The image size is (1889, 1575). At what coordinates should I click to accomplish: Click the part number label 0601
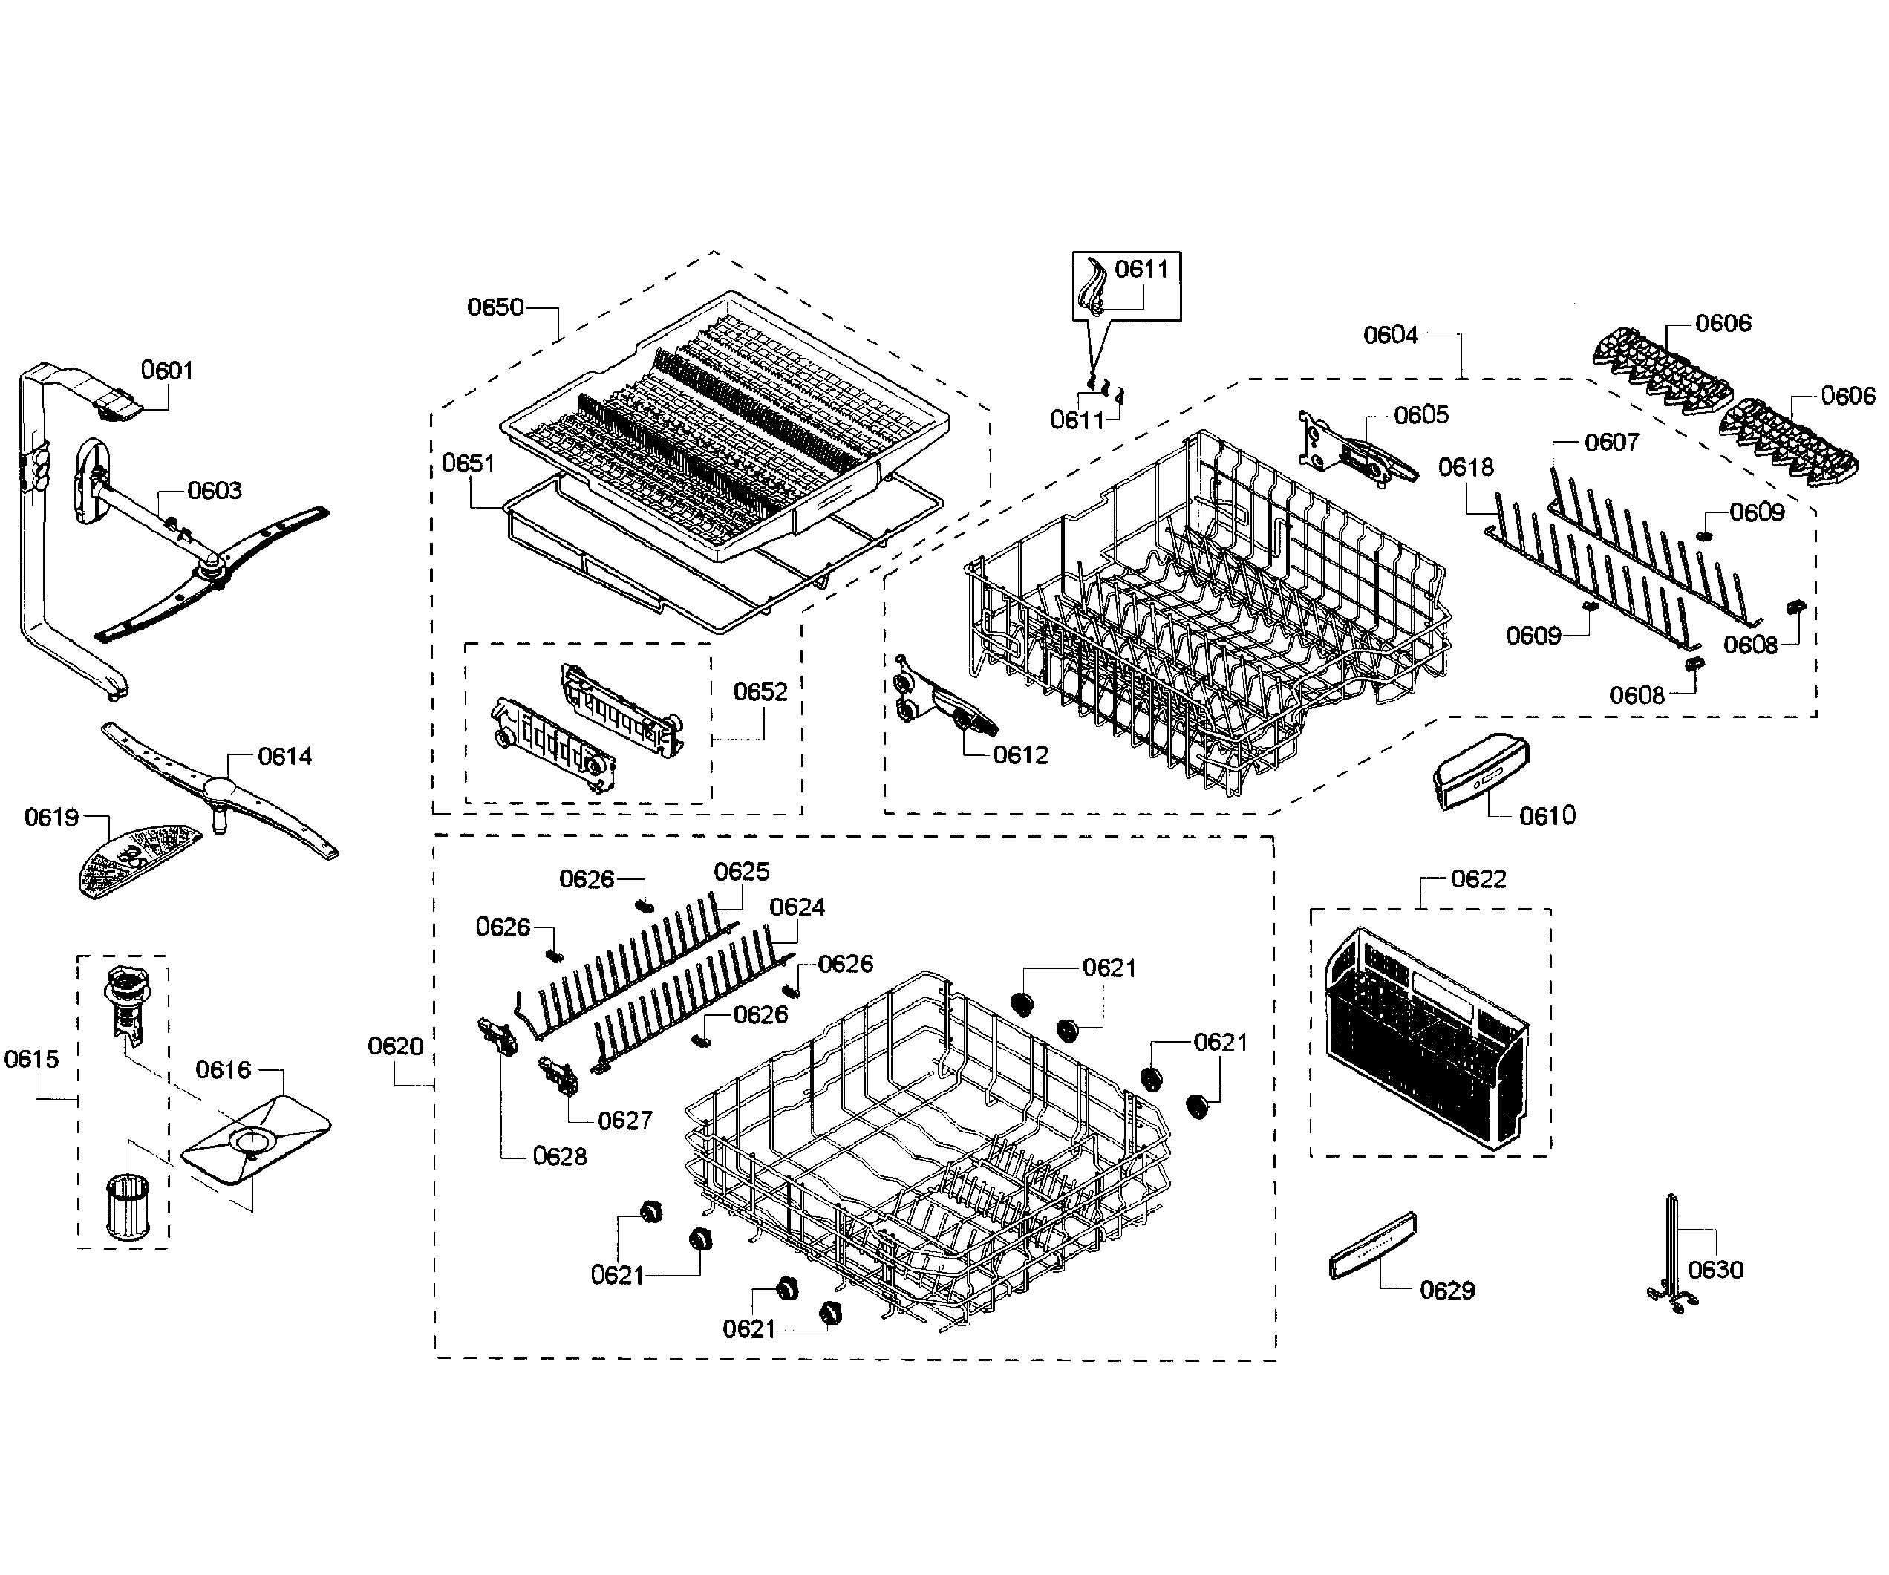pos(166,370)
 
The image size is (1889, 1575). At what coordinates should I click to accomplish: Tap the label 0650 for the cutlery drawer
pos(495,307)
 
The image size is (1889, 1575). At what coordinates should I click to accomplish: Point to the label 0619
pos(51,817)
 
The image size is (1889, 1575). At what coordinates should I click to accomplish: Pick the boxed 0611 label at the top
pos(1141,269)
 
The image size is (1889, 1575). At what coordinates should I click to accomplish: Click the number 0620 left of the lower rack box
pos(395,1046)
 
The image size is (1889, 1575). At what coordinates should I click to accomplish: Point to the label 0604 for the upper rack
pos(1390,335)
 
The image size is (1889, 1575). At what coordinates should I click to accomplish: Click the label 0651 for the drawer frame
pos(468,463)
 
